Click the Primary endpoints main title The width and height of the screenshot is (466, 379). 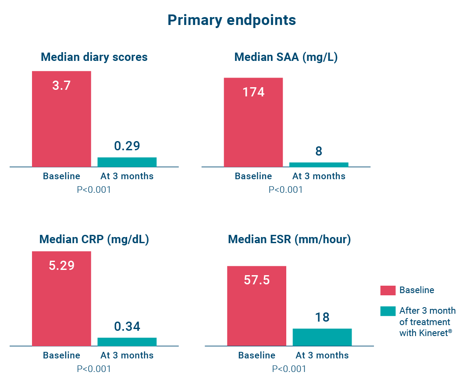pyautogui.click(x=231, y=20)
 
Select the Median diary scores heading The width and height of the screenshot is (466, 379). pyautogui.click(x=94, y=57)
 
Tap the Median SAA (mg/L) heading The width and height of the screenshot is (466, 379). pyautogui.click(x=286, y=57)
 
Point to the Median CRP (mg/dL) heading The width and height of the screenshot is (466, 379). pyautogui.click(x=94, y=240)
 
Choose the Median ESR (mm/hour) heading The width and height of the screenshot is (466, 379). pyautogui.click(x=289, y=240)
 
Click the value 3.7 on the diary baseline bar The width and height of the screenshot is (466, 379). pyautogui.click(x=61, y=85)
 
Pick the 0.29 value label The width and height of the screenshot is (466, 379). pyautogui.click(x=127, y=146)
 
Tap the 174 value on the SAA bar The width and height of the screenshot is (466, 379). pyautogui.click(x=253, y=92)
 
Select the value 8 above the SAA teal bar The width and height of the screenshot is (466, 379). pyautogui.click(x=319, y=151)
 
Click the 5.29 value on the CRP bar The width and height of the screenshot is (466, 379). pyautogui.click(x=61, y=266)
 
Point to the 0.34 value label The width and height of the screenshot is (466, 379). pyautogui.click(x=127, y=326)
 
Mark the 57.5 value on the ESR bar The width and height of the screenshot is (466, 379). pyautogui.click(x=256, y=280)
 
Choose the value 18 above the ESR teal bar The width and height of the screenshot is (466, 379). pyautogui.click(x=322, y=317)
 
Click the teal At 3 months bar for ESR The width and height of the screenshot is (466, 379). pyautogui.click(x=322, y=337)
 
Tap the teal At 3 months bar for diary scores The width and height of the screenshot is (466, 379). pyautogui.click(x=127, y=162)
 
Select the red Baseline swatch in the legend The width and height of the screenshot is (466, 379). pyautogui.click(x=388, y=290)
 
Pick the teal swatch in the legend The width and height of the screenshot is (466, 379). pyautogui.click(x=388, y=311)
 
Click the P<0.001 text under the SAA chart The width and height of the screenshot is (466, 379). pyautogui.click(x=285, y=190)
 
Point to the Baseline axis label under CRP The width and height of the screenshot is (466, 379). pyautogui.click(x=61, y=355)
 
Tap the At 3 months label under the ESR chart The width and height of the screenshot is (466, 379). pyautogui.click(x=322, y=355)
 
